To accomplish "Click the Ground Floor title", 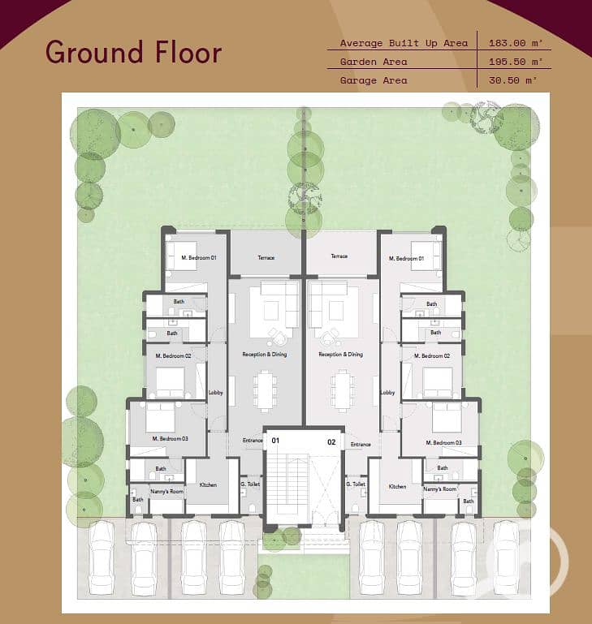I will [x=133, y=52].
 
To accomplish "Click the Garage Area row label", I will [x=374, y=80].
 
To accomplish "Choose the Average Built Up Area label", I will [x=404, y=43].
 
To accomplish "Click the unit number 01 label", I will [x=275, y=441].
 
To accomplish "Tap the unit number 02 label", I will [x=331, y=441].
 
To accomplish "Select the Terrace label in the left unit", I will [x=266, y=258].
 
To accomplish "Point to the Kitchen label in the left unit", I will [x=209, y=484].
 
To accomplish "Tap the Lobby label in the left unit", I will [x=215, y=392].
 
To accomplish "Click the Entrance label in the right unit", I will [x=361, y=445].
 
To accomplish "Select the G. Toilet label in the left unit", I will [x=250, y=484].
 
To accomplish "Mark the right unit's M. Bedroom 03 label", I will [x=443, y=442].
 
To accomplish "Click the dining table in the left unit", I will [x=265, y=391].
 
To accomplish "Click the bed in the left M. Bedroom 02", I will [x=171, y=380].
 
